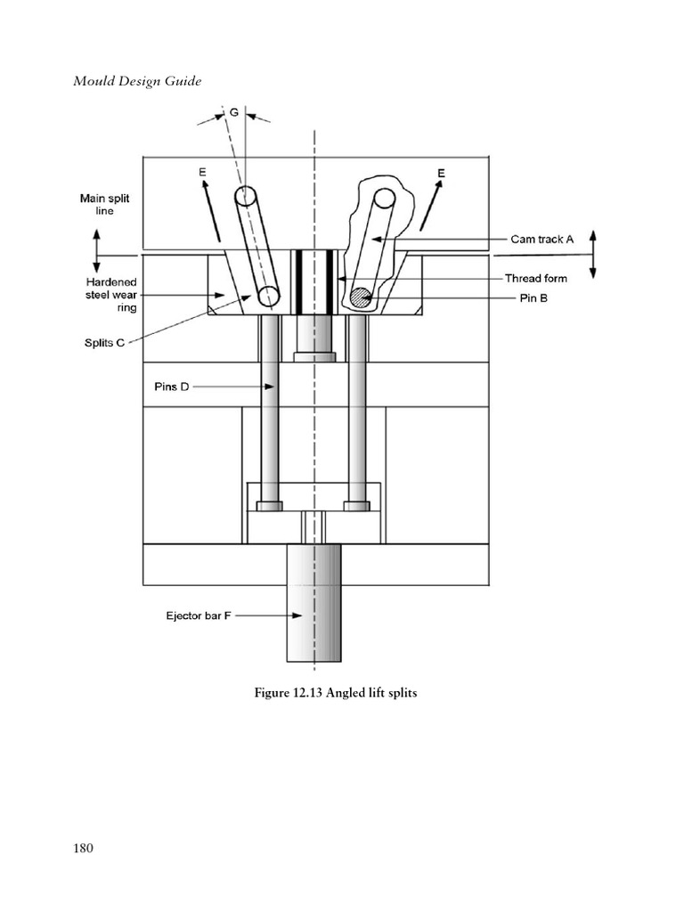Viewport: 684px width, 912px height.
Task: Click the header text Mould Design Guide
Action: [137, 82]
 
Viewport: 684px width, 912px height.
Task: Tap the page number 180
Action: [83, 847]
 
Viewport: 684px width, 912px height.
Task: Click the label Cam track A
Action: [542, 239]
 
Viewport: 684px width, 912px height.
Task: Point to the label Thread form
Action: [535, 278]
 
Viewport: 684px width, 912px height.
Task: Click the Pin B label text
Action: [533, 297]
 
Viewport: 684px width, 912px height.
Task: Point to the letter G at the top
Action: [234, 113]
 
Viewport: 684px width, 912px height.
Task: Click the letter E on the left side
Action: [203, 172]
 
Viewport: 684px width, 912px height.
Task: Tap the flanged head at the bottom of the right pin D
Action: [356, 505]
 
